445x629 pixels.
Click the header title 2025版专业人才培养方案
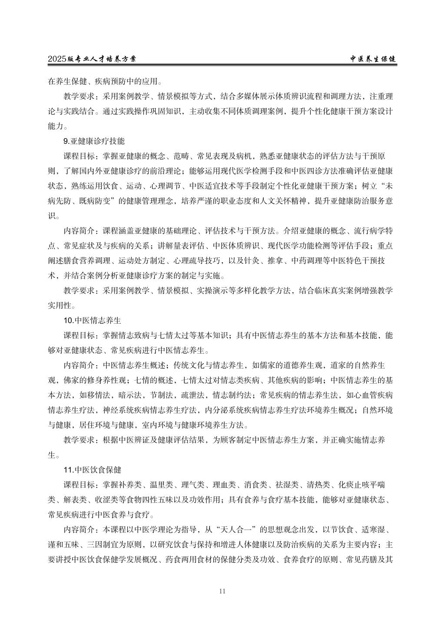pyautogui.click(x=95, y=59)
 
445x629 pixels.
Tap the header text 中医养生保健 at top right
pyautogui.click(x=373, y=59)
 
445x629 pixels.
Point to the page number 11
pyautogui.click(x=222, y=591)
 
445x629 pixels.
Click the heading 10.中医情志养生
pyautogui.click(x=92, y=320)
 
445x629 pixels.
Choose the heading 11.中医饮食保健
pyautogui.click(x=92, y=470)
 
